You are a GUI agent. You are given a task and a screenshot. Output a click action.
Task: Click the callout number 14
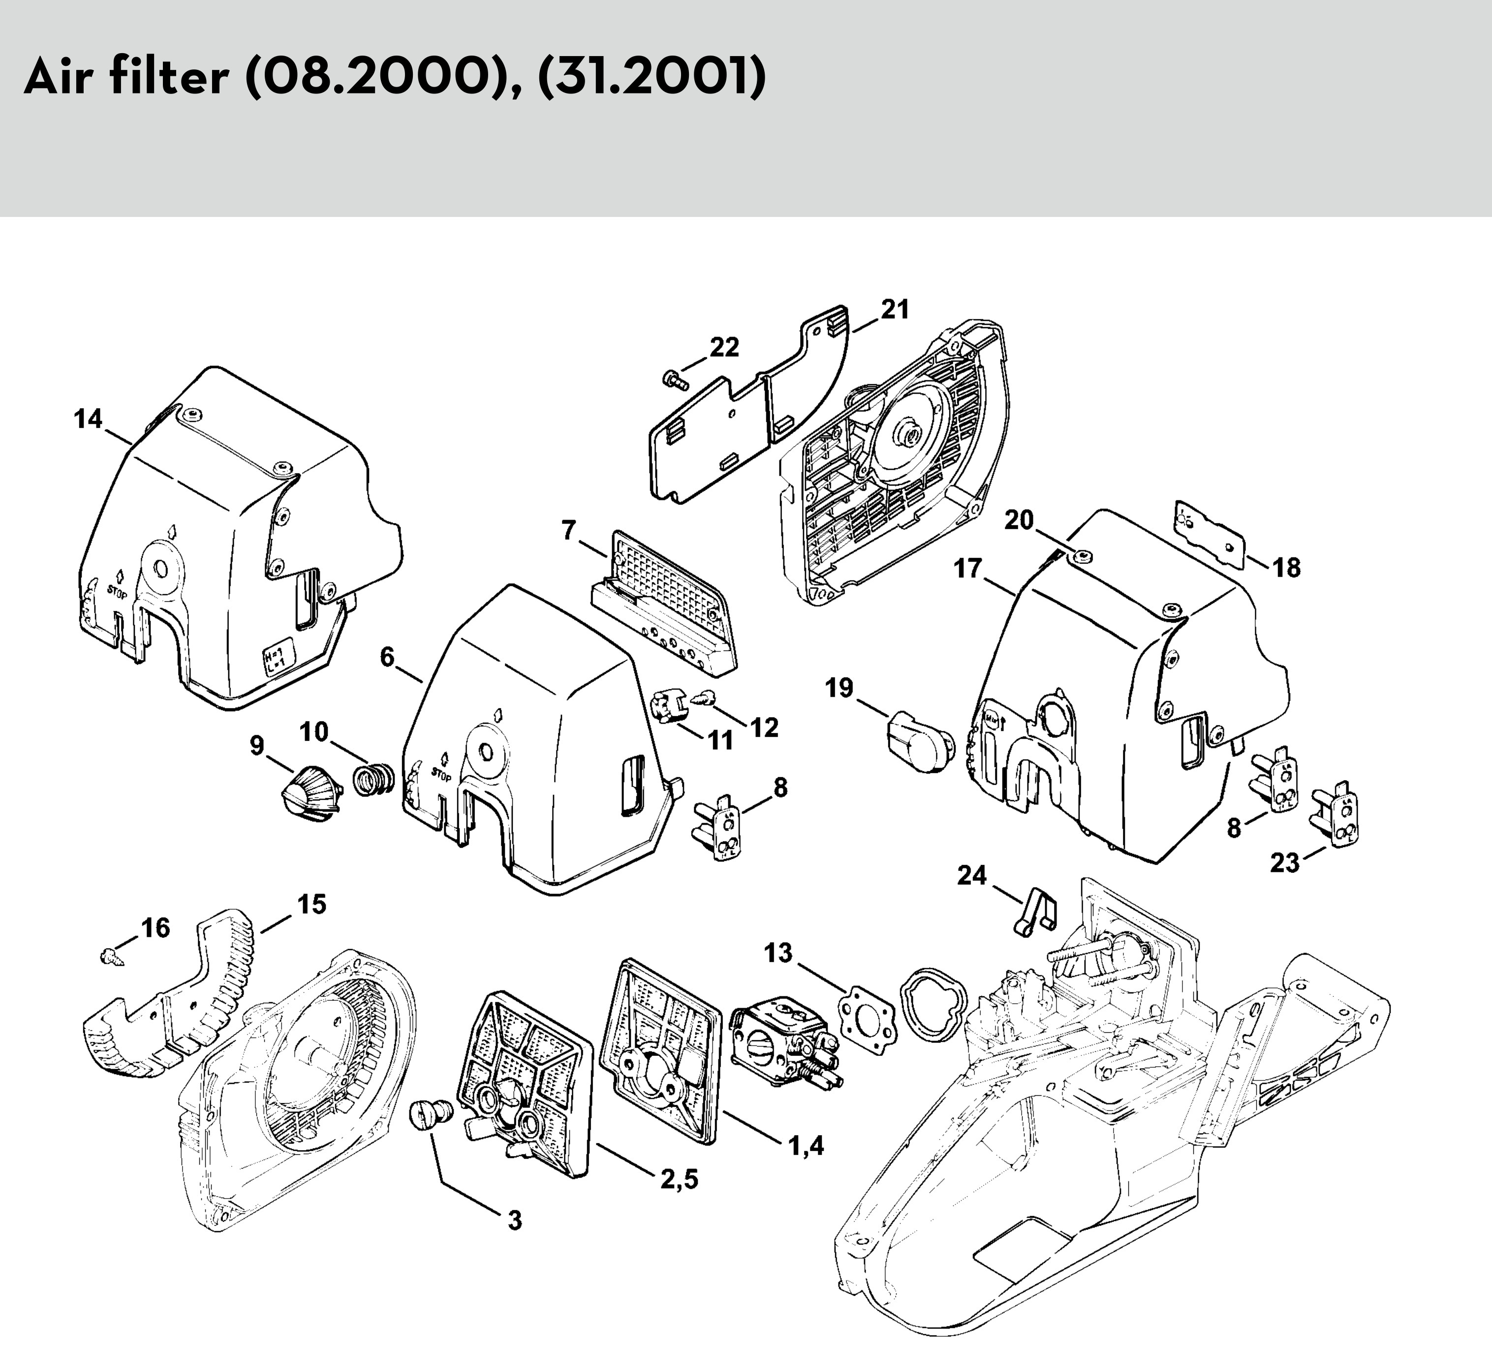coord(88,420)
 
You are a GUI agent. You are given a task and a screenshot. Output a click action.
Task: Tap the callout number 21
coord(895,309)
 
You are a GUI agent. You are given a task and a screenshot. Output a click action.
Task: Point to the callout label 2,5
coord(680,1178)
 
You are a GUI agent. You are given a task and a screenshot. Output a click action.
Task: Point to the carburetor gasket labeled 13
coord(866,1014)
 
